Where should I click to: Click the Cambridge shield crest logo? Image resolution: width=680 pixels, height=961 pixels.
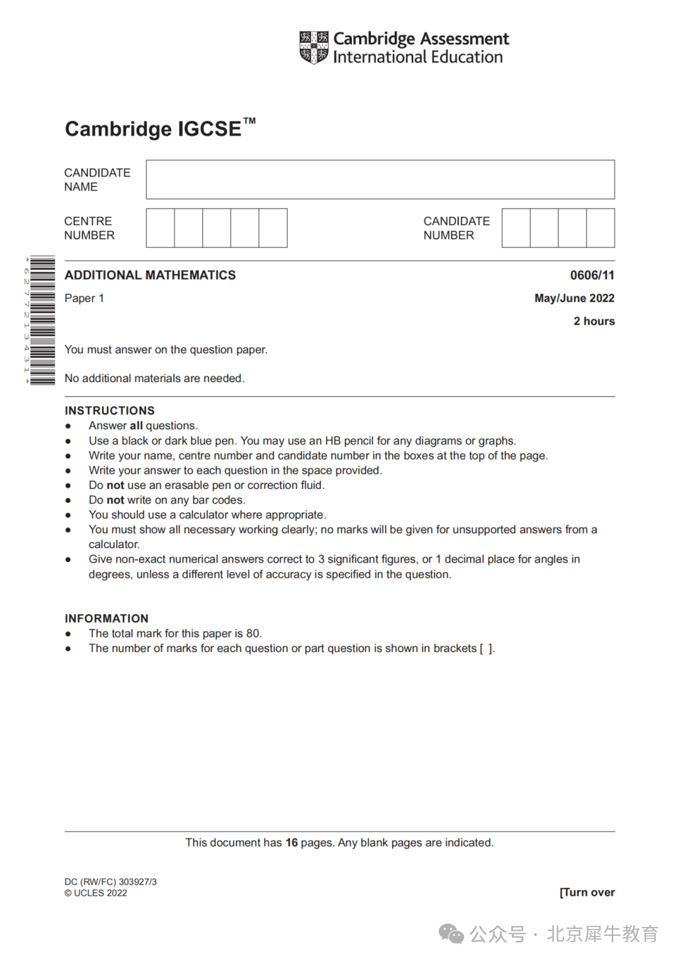click(x=314, y=47)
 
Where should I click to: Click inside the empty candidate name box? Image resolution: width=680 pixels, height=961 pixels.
click(x=380, y=179)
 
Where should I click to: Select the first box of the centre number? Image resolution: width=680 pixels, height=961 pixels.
click(x=161, y=228)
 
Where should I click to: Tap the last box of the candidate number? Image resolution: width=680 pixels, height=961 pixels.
click(x=600, y=228)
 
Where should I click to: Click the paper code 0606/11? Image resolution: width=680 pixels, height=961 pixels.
click(x=592, y=275)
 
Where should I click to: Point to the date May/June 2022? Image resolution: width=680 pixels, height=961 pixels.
click(x=574, y=298)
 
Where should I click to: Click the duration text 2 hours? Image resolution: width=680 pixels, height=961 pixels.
click(x=594, y=321)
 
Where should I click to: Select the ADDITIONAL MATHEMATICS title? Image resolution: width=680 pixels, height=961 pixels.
click(x=150, y=275)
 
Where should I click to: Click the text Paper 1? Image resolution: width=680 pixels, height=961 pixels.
click(x=84, y=298)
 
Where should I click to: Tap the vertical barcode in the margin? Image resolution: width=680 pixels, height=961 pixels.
click(x=42, y=320)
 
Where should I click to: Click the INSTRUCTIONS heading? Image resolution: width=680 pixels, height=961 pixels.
click(x=110, y=410)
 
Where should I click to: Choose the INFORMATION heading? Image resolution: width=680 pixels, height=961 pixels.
click(x=106, y=618)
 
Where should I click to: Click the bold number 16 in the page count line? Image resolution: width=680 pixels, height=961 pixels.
click(x=292, y=843)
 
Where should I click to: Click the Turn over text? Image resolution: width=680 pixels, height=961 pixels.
click(x=587, y=892)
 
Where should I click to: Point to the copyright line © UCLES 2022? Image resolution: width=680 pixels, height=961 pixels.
click(x=96, y=893)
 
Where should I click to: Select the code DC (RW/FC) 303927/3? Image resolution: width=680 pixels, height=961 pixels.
click(x=110, y=882)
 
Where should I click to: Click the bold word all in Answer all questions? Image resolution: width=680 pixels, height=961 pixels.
click(x=136, y=426)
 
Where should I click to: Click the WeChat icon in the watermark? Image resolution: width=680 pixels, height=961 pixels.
click(x=451, y=934)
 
